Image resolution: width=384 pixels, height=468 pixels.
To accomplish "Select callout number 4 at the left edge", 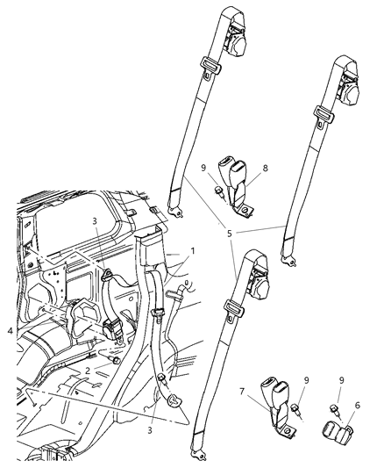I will (x=9, y=330).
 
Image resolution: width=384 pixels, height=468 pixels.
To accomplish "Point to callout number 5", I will (x=230, y=234).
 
